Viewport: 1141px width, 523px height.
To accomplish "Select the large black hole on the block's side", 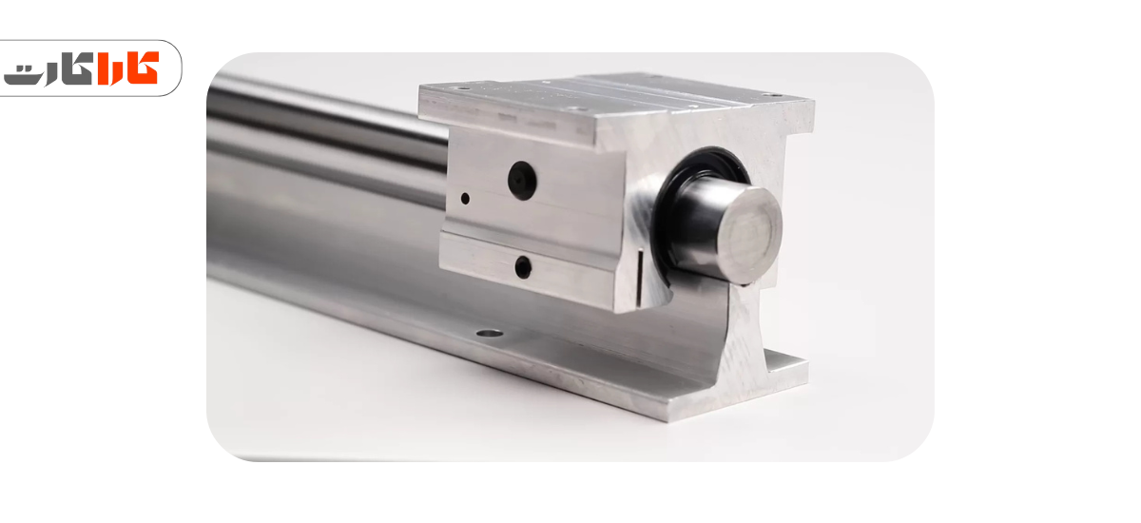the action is [522, 181].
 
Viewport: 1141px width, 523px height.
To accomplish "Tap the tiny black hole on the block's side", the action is [465, 198].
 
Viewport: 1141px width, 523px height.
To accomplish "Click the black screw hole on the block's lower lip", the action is [523, 267].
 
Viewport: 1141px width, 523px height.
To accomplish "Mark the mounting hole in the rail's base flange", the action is [490, 334].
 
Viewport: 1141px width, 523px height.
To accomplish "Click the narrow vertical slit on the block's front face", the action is [638, 278].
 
